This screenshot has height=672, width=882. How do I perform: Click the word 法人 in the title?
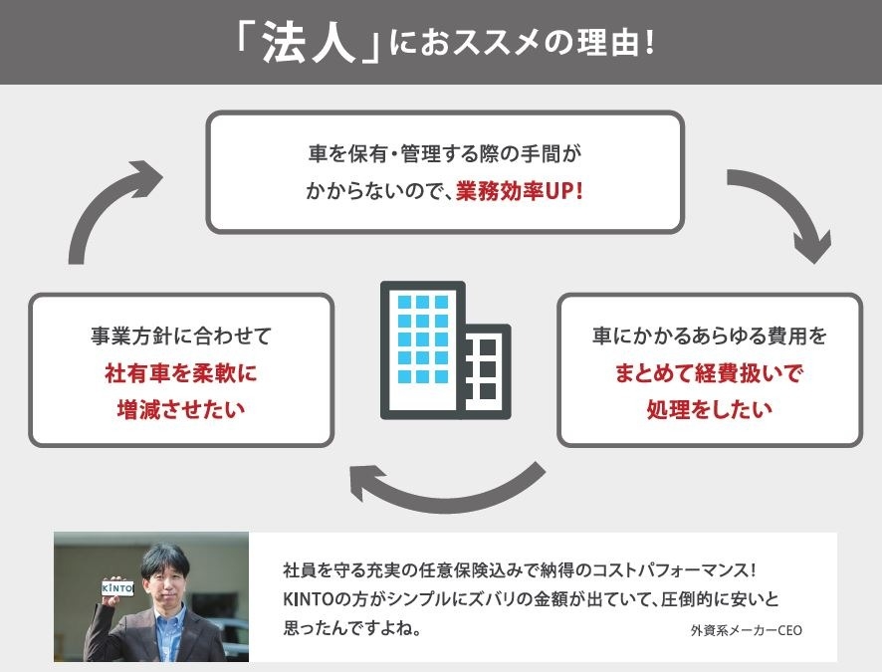click(x=309, y=43)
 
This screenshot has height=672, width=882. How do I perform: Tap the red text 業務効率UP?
click(x=520, y=192)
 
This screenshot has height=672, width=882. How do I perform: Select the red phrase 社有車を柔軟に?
click(x=181, y=373)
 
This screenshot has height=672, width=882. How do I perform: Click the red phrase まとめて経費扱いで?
click(x=709, y=373)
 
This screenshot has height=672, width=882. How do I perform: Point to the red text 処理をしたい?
click(x=710, y=409)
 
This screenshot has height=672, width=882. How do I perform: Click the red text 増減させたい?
click(x=181, y=409)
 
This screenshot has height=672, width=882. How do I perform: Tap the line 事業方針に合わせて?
click(x=181, y=336)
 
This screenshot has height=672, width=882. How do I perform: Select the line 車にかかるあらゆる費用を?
click(x=710, y=336)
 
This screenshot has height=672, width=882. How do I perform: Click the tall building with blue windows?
click(x=423, y=349)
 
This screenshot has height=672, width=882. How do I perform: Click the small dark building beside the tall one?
click(x=487, y=371)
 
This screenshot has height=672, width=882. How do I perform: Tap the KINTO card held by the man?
click(x=117, y=588)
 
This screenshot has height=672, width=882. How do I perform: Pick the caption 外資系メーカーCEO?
click(x=747, y=630)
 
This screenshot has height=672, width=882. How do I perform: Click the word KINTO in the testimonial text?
click(x=309, y=599)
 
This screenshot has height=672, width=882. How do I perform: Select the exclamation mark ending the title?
click(x=650, y=43)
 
